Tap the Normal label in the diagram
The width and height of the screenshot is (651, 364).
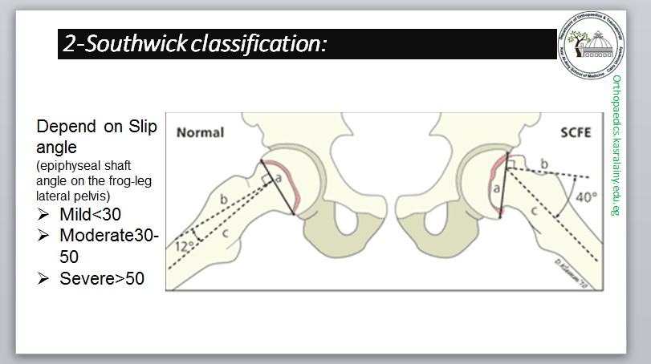coord(200,132)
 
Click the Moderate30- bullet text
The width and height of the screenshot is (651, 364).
coord(108,237)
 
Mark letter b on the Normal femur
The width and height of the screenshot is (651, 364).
coord(222,197)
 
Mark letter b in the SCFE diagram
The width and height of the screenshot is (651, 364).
coord(545,164)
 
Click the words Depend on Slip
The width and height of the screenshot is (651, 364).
coord(96,128)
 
